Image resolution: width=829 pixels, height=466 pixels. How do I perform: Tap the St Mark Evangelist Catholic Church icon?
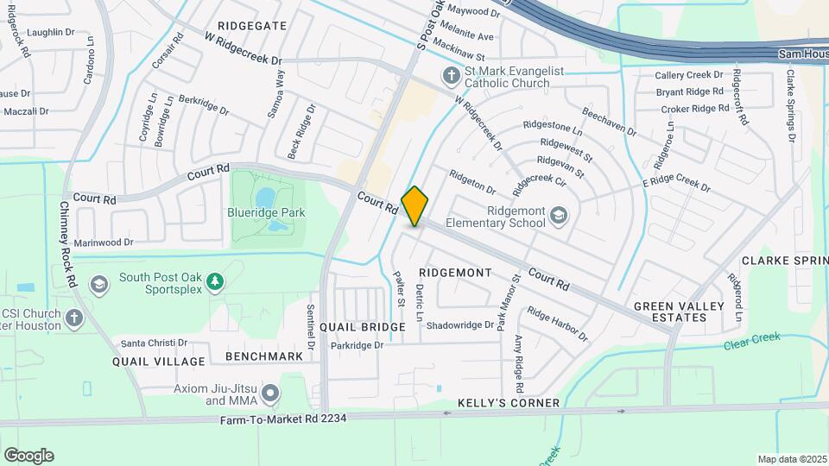point(450,76)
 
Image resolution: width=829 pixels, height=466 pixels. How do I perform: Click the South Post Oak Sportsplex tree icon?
point(215,282)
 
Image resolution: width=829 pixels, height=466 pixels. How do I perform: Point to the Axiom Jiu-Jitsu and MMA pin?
point(271,394)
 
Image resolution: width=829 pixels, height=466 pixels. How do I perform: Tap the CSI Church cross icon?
point(74,318)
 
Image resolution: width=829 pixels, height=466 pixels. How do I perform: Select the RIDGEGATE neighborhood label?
point(252,26)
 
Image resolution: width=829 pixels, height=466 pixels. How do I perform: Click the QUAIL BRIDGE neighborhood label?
point(362,327)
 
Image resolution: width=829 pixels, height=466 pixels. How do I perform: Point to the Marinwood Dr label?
point(104,242)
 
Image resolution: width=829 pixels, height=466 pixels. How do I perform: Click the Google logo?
point(28,455)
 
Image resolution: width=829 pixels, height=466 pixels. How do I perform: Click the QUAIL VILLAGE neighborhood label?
point(159,362)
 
